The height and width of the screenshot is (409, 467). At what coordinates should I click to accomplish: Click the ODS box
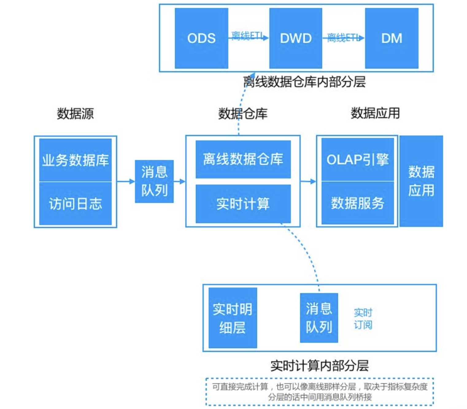201,38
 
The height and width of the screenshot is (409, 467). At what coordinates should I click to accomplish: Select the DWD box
295,38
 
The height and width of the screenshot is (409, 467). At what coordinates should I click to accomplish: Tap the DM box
392,38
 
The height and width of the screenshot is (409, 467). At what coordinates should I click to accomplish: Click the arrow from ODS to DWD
248,38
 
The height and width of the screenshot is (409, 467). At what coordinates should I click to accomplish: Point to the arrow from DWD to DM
343,38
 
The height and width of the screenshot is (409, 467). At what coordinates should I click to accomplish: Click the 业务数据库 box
75,160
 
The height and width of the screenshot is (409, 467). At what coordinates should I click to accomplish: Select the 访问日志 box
75,204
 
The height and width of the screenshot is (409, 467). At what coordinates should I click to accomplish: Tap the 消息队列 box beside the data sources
154,181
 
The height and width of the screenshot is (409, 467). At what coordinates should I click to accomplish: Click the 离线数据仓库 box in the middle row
243,159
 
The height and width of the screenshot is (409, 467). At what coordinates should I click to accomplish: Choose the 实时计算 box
243,204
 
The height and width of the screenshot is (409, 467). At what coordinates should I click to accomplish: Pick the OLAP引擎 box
357,159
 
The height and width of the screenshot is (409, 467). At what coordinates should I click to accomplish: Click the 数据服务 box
357,203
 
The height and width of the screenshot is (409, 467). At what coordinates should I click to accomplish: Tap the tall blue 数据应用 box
421,181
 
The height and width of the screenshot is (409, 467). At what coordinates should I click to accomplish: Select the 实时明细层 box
233,318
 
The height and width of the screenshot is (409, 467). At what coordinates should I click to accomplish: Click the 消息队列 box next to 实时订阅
319,318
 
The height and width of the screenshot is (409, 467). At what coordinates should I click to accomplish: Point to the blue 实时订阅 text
363,319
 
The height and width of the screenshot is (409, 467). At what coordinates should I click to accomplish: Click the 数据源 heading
75,113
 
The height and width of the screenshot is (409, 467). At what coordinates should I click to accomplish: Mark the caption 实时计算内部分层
319,365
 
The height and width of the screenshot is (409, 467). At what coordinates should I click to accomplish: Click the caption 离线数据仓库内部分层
304,82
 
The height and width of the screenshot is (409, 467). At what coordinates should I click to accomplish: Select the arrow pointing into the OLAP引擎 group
308,182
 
